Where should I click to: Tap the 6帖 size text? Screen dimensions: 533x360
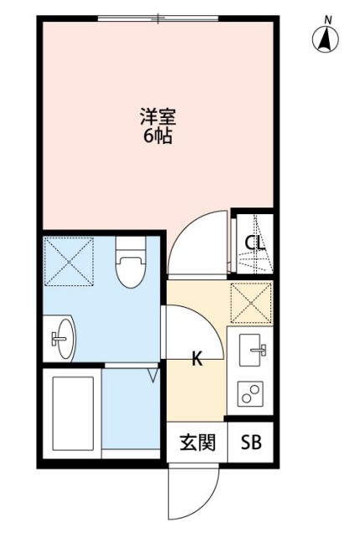pyautogui.click(x=157, y=136)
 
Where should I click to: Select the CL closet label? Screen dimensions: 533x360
pyautogui.click(x=255, y=243)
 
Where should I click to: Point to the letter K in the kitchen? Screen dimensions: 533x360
pyautogui.click(x=198, y=360)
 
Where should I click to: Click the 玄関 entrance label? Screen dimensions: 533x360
pyautogui.click(x=198, y=442)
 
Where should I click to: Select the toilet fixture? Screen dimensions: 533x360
pyautogui.click(x=130, y=262)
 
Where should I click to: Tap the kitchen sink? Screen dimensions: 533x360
pyautogui.click(x=252, y=349)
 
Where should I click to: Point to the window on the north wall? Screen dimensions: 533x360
pyautogui.click(x=158, y=18)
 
